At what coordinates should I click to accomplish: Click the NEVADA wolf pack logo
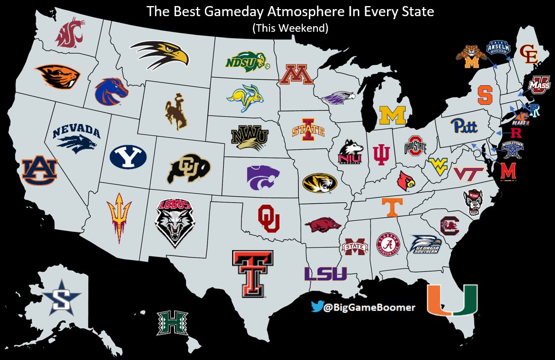click(77, 137)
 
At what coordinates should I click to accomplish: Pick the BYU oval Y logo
click(128, 157)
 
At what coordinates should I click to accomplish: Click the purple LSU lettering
click(325, 274)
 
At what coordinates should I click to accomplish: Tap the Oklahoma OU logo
click(268, 218)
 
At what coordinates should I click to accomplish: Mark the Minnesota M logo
click(297, 75)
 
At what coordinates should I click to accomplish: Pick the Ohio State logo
click(415, 146)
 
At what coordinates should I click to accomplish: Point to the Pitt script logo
click(464, 125)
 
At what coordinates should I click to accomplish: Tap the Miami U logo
click(452, 300)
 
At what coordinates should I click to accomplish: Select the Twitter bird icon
click(316, 307)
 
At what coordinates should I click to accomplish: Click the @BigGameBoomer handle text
click(369, 307)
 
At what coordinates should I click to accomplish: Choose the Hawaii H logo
click(172, 323)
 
